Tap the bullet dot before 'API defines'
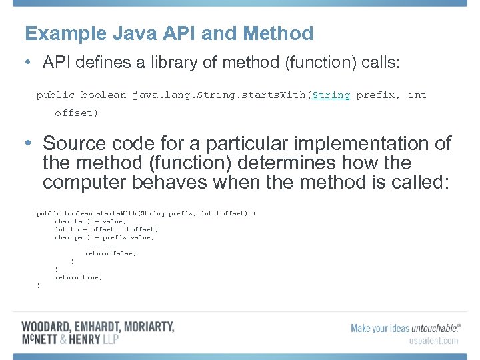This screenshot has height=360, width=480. click(x=26, y=63)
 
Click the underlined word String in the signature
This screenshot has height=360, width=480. click(x=331, y=95)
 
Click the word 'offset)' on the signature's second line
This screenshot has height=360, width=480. click(x=76, y=113)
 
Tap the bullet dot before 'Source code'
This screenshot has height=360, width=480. click(x=26, y=143)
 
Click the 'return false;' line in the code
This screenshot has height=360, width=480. click(x=110, y=253)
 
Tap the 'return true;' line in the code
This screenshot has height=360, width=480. click(x=78, y=277)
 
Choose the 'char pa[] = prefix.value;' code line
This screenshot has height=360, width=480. click(x=104, y=237)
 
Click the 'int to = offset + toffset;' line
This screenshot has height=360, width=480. click(x=106, y=229)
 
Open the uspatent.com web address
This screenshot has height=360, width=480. click(x=433, y=341)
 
